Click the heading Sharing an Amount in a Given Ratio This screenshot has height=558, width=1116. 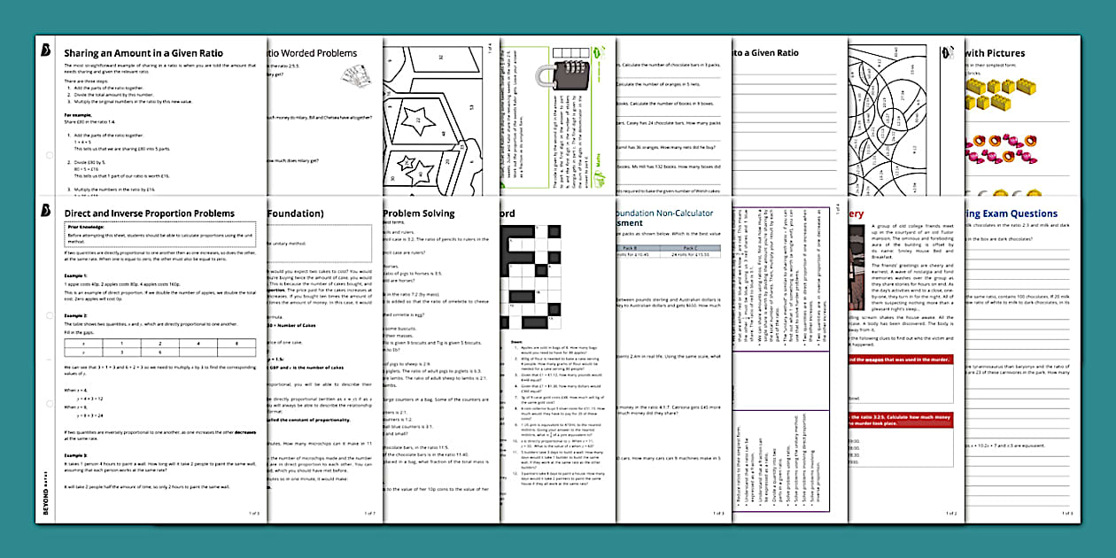tap(143, 53)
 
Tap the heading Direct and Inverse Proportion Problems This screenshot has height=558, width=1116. tap(149, 213)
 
